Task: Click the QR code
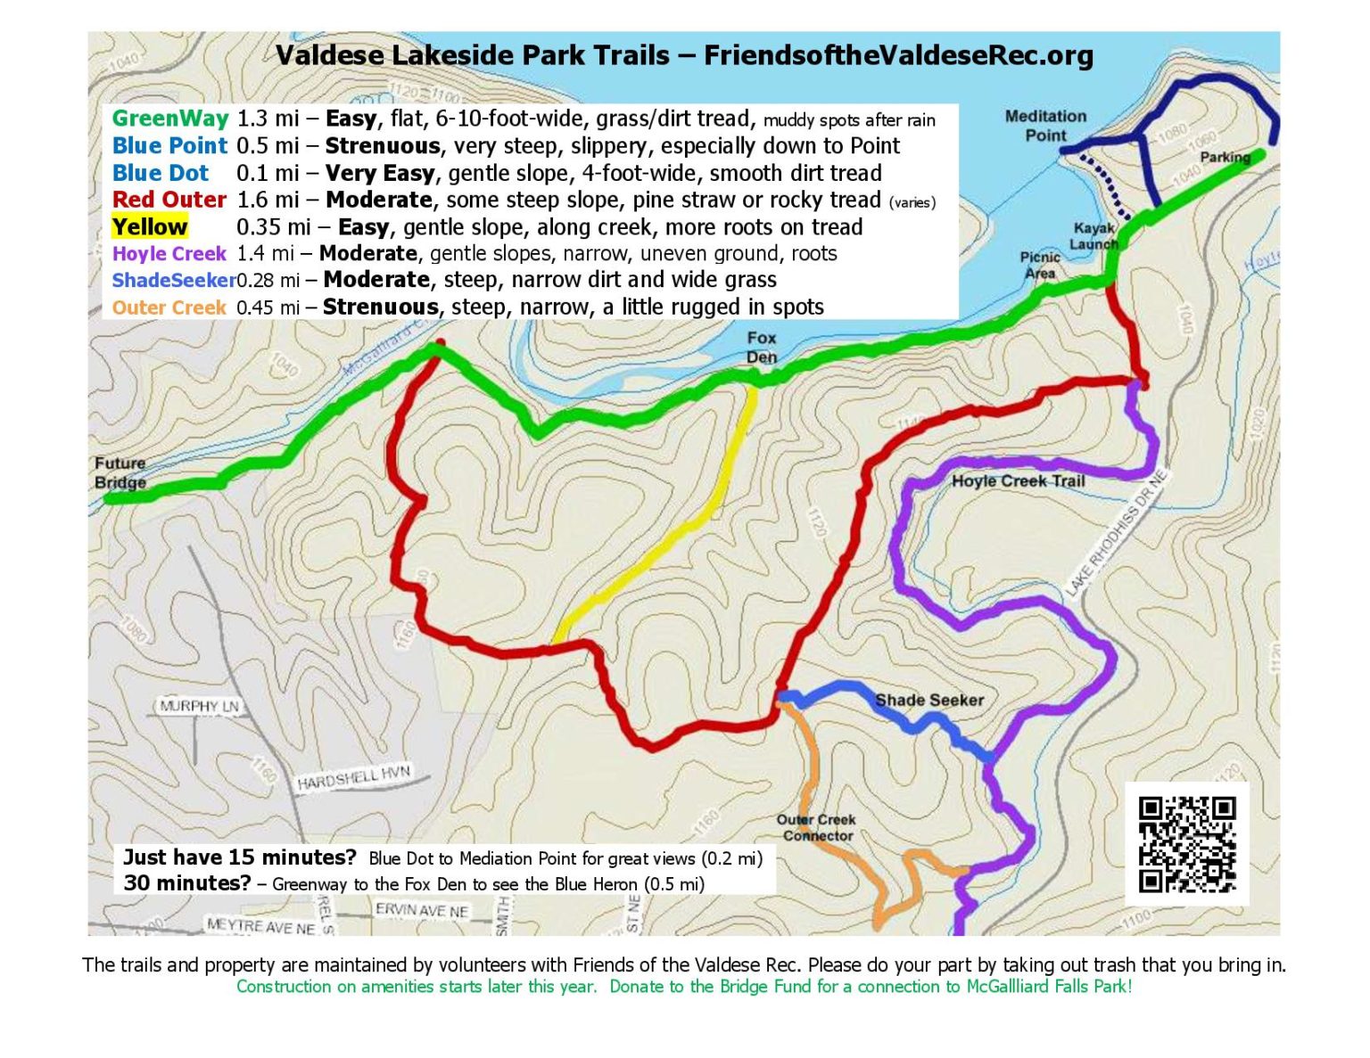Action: click(1187, 843)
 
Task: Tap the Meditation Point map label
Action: click(1045, 126)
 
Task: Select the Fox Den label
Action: click(761, 348)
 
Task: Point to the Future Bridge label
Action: click(120, 472)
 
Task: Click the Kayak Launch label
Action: click(1094, 236)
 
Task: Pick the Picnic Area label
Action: click(1040, 265)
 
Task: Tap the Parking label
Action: click(1225, 157)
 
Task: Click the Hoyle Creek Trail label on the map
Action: click(1018, 481)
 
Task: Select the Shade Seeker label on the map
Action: click(929, 700)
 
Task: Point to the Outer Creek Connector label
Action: click(816, 828)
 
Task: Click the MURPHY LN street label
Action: click(200, 706)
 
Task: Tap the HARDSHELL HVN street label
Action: click(353, 777)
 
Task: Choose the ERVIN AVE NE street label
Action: click(422, 910)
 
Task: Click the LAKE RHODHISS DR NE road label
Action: click(1116, 534)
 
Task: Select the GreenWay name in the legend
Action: click(169, 119)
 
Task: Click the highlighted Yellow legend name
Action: click(150, 226)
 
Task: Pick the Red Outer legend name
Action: click(169, 200)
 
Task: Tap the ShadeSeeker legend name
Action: click(173, 280)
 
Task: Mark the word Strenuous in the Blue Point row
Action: click(383, 146)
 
